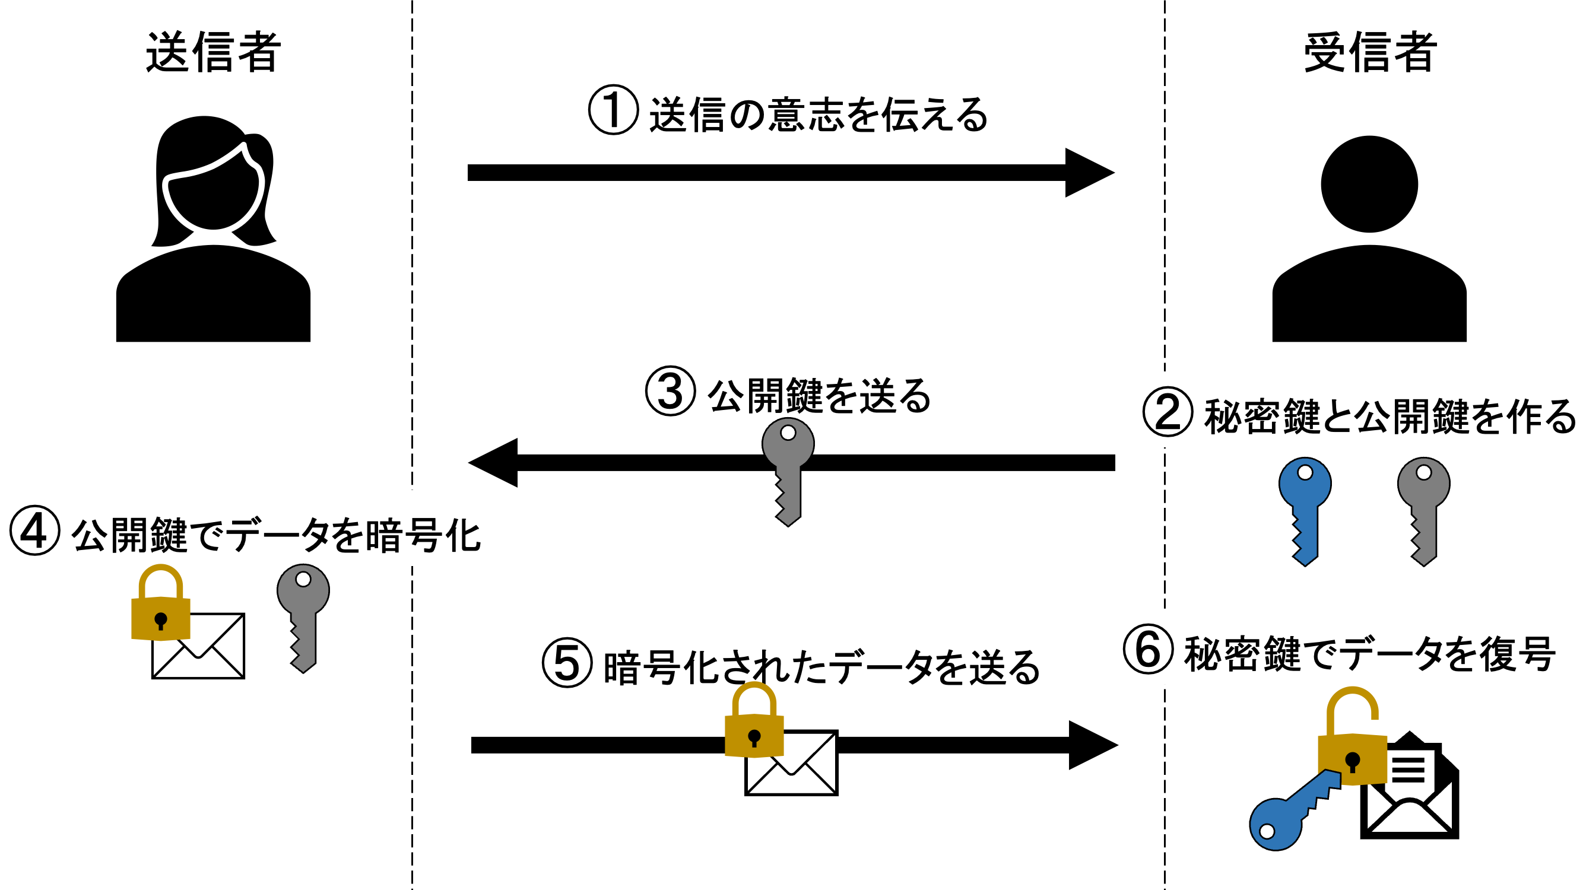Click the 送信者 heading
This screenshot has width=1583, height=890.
tap(213, 53)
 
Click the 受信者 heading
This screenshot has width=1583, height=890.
tap(1370, 53)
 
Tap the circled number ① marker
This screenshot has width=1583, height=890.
tap(613, 110)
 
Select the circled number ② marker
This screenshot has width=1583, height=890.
tap(1168, 412)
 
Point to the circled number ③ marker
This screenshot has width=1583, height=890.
tap(670, 391)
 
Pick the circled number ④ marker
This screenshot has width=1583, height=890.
tap(34, 530)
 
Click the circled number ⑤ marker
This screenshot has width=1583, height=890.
tap(567, 663)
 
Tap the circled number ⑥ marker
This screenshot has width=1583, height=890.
tap(1147, 649)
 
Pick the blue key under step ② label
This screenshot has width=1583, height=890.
tap(1305, 510)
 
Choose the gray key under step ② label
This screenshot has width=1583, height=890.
tap(1423, 510)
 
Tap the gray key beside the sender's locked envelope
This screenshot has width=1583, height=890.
tap(303, 617)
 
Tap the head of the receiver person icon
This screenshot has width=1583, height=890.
tap(1369, 184)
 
